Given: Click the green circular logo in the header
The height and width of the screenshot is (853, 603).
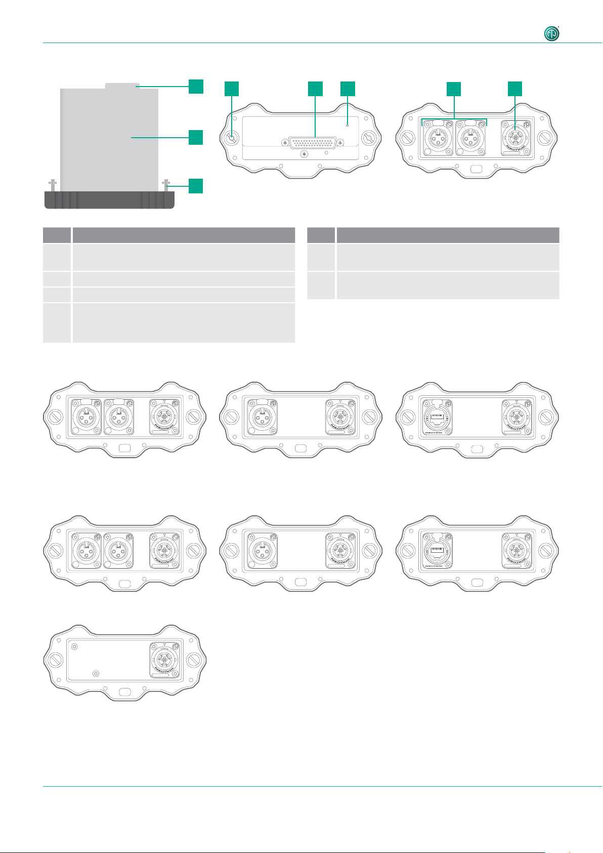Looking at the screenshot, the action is coord(552,33).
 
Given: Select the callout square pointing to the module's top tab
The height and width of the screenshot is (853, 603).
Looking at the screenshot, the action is coord(196,86).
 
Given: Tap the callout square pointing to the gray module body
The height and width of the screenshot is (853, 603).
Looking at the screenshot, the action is coord(196,137).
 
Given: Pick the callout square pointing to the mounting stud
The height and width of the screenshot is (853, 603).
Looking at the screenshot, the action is coord(196,186).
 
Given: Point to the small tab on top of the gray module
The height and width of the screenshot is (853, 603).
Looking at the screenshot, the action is coord(121,86).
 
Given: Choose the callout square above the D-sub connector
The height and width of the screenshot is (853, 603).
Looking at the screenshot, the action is coord(315,89).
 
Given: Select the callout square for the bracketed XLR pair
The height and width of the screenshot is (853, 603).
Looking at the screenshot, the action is coord(454,89).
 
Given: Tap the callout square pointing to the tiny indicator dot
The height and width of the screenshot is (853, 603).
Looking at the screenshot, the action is coord(348,89).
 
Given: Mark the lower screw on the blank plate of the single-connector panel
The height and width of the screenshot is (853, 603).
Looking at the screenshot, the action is coord(96,674).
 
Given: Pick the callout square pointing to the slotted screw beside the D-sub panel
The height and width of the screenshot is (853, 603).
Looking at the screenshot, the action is coord(231,89).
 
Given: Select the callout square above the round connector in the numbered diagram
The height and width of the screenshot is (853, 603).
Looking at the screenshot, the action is coord(515,89).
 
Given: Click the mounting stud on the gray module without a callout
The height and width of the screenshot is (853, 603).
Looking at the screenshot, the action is coord(52,185).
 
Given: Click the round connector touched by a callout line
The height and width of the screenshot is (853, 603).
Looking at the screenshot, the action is coord(515,138).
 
